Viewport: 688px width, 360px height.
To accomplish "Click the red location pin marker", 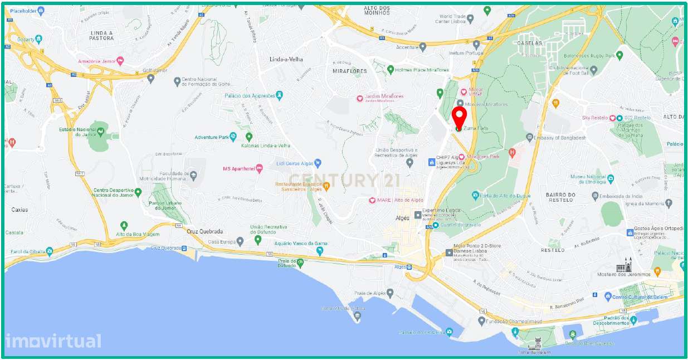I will click(x=459, y=117).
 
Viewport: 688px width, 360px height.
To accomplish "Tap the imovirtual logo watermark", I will click(x=53, y=340).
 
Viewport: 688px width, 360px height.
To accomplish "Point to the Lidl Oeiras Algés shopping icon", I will click(x=318, y=163).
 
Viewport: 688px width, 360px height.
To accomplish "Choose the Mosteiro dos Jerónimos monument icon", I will click(x=628, y=264).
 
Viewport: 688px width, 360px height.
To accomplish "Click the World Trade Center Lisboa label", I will click(x=451, y=19).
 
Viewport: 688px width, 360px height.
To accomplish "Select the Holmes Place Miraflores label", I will click(x=422, y=70).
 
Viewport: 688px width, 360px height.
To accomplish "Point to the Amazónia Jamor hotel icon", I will click(x=120, y=60).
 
